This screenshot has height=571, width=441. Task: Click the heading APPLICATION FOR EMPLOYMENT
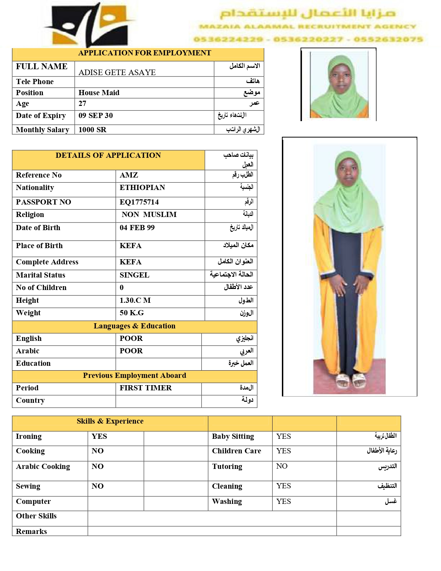tap(144, 53)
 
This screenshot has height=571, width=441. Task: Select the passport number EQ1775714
tap(139, 202)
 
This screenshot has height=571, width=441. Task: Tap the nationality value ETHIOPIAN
tap(142, 188)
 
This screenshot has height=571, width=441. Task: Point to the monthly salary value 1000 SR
tap(92, 130)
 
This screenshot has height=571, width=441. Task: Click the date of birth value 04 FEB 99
tap(137, 228)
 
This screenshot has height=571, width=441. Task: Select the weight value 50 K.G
tap(131, 313)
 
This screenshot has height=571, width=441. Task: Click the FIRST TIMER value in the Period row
tap(146, 388)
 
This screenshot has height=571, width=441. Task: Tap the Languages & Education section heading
tap(134, 326)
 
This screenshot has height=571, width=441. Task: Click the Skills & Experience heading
tap(110, 421)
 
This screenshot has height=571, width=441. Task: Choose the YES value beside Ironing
tap(99, 436)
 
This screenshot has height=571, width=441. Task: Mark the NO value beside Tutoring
tap(282, 466)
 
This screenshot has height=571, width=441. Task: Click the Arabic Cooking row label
tap(43, 466)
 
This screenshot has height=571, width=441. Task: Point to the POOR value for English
tap(131, 338)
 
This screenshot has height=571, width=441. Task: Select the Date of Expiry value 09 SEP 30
tap(95, 116)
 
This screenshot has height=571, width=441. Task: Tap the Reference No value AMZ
tap(129, 175)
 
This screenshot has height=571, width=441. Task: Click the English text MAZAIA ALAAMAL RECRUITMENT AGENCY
tap(307, 27)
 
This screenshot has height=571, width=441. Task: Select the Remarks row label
tap(31, 532)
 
